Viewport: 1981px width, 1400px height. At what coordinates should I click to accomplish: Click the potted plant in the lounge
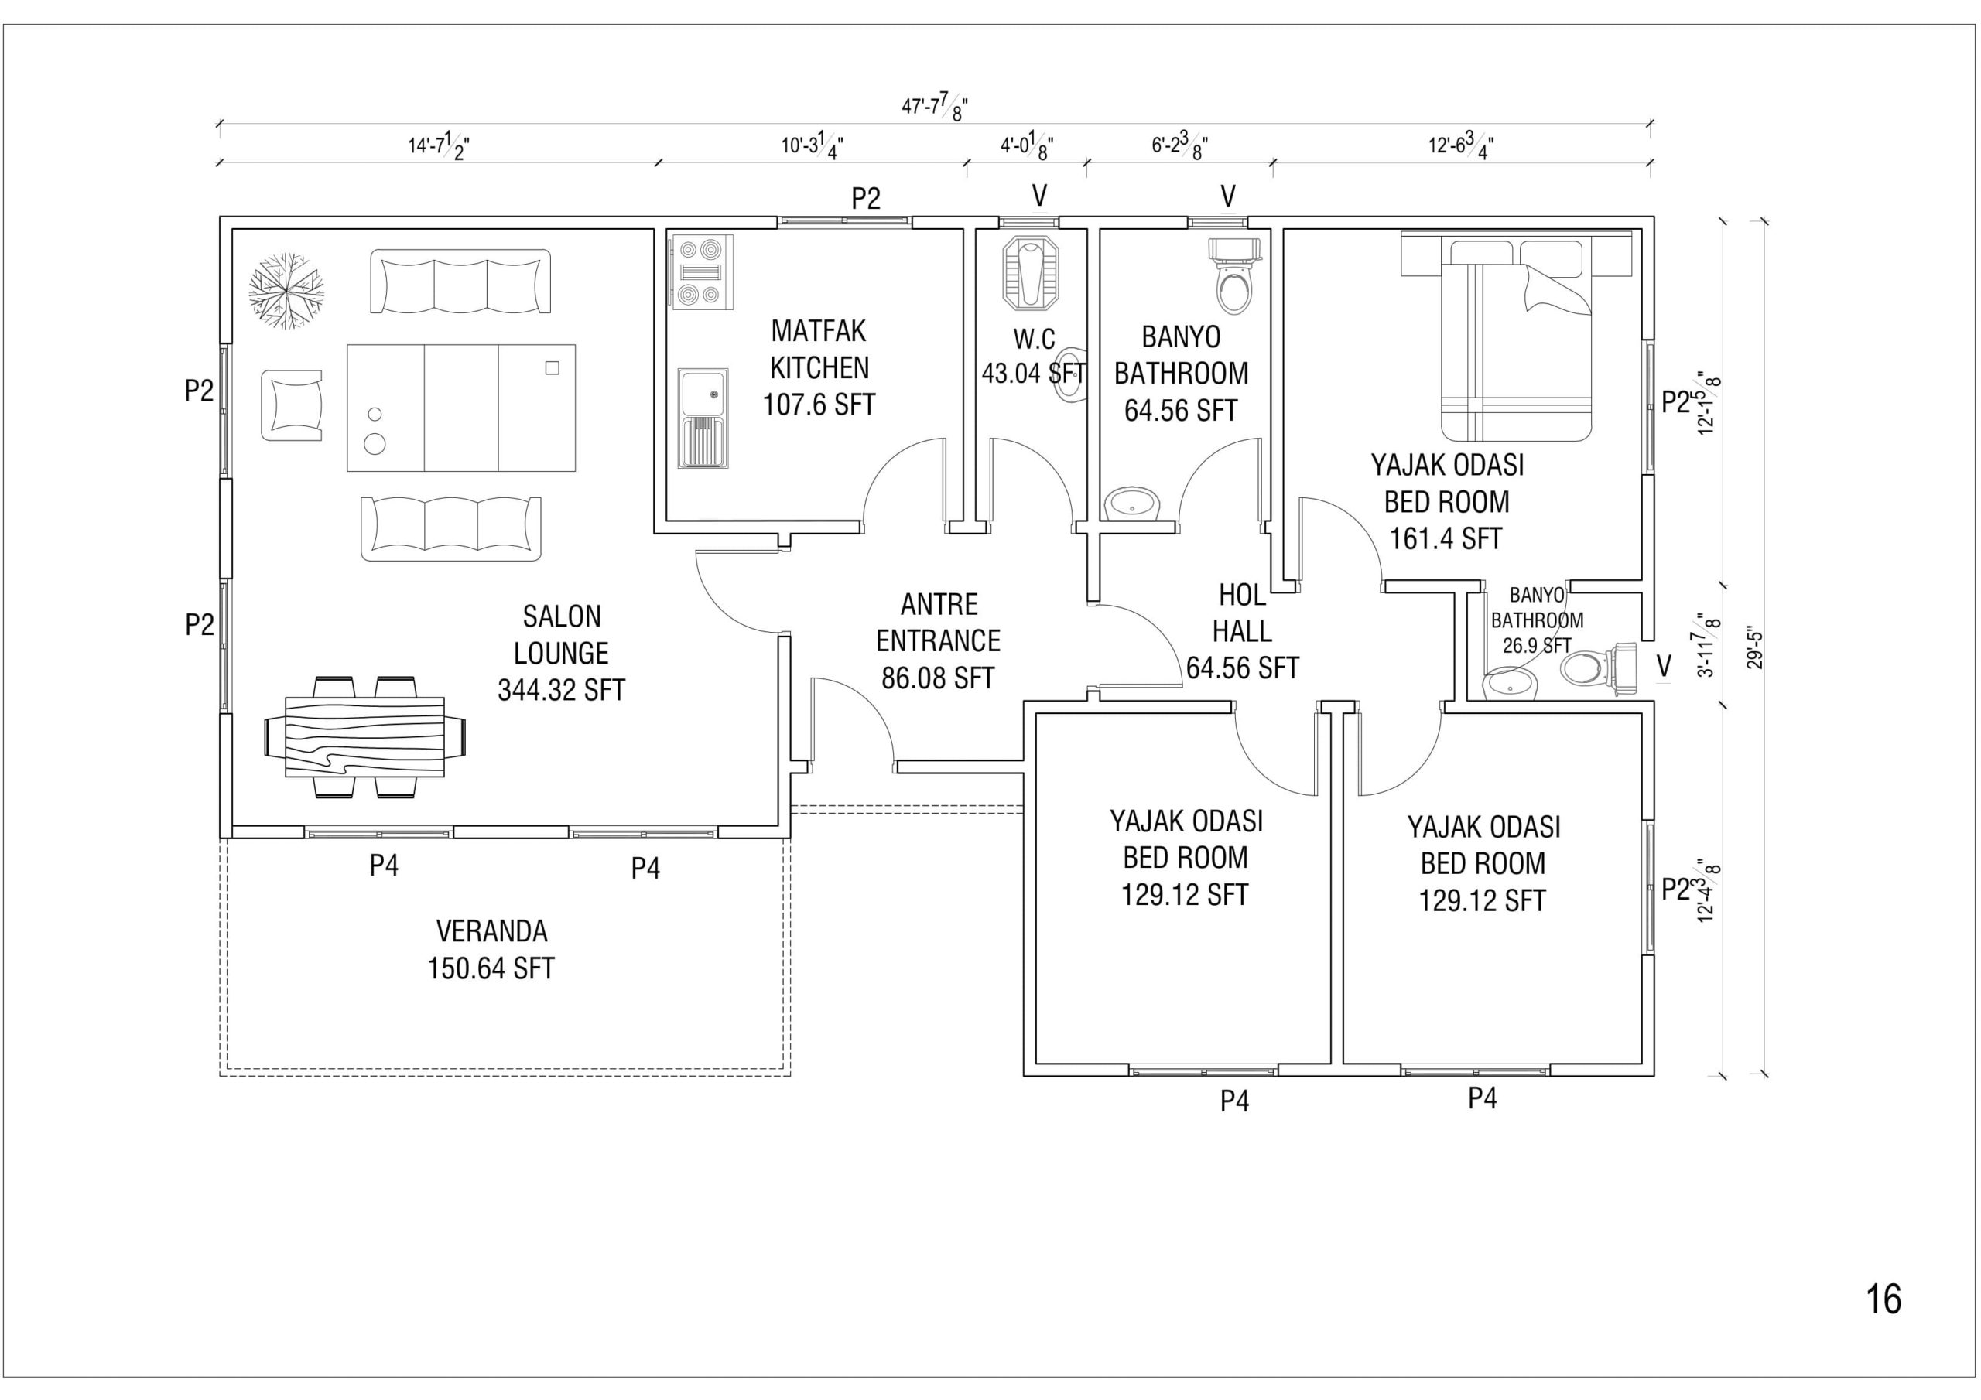[x=286, y=291]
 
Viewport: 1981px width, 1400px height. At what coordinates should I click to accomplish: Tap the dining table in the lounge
[x=364, y=736]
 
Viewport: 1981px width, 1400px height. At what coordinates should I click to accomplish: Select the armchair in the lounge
[x=292, y=405]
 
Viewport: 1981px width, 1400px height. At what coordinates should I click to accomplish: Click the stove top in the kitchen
[x=700, y=271]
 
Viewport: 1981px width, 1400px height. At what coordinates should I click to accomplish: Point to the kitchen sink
[x=703, y=418]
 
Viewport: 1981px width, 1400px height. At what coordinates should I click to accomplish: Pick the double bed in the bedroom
[x=1516, y=336]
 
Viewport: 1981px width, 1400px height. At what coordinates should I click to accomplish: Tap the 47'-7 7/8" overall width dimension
[x=935, y=107]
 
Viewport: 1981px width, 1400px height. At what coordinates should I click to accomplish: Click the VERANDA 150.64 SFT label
[x=491, y=950]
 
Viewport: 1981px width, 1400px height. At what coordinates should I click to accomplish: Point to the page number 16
[x=1883, y=1298]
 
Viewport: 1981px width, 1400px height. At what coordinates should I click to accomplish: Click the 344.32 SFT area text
[x=561, y=690]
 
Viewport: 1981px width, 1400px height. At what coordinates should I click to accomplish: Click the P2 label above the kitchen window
[x=866, y=199]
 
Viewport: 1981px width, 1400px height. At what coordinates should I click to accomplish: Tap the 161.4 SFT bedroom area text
[x=1446, y=538]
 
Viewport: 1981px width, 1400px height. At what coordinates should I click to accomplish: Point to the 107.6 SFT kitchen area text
[x=819, y=404]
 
